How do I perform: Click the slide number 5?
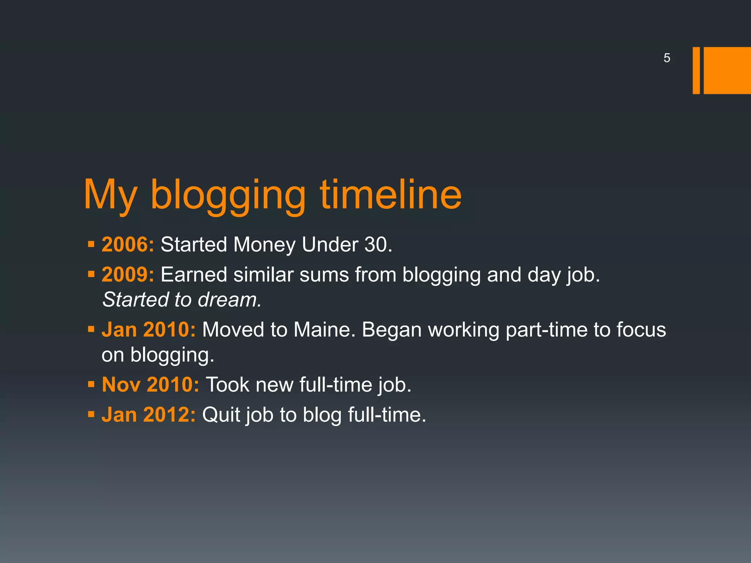pyautogui.click(x=667, y=58)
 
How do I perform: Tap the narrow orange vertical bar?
pyautogui.click(x=696, y=70)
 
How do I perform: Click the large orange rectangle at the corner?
pyautogui.click(x=727, y=70)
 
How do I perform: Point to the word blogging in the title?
pyautogui.click(x=228, y=196)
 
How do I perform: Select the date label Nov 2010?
pyautogui.click(x=150, y=385)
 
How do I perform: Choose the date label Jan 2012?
pyautogui.click(x=149, y=415)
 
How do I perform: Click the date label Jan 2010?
pyautogui.click(x=149, y=330)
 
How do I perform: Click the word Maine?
pyautogui.click(x=324, y=330)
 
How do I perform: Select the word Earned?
pyautogui.click(x=194, y=275)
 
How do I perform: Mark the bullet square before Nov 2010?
pyautogui.click(x=91, y=384)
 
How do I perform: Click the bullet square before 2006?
pyautogui.click(x=91, y=244)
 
